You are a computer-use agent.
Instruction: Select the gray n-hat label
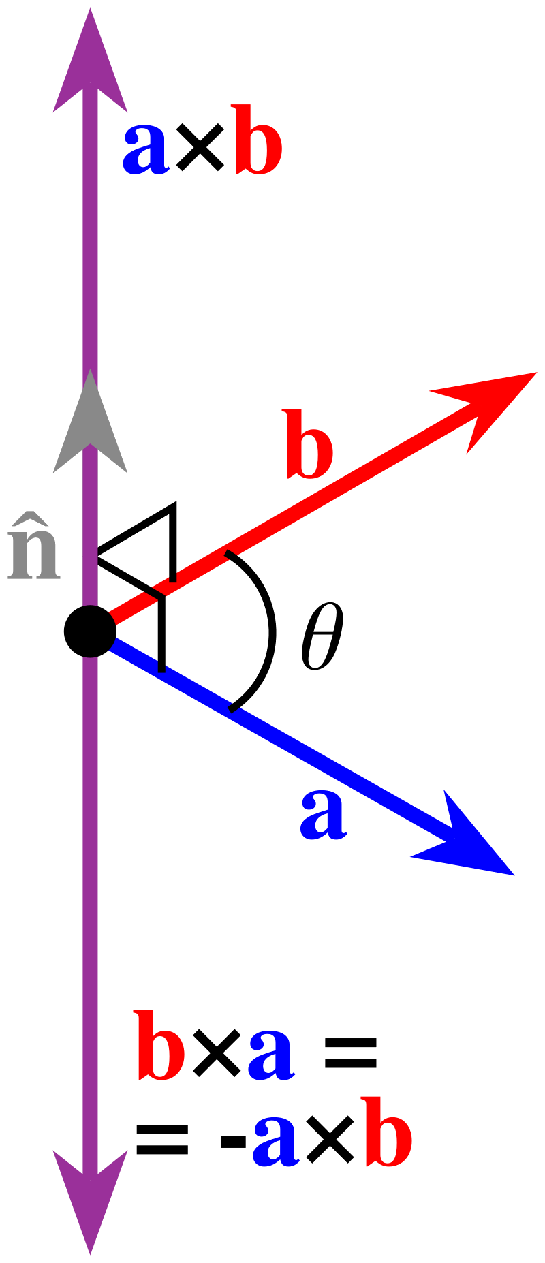coord(34,552)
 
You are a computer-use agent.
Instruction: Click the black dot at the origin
coord(89,631)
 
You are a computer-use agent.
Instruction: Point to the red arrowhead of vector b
coord(490,405)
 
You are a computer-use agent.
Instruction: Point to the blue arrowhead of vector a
coord(470,841)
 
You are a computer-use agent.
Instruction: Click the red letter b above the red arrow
coord(310,443)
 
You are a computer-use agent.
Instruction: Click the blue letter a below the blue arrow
coord(324,814)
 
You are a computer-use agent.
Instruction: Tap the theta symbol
coord(322,636)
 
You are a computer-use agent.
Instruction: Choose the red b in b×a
coord(160,1046)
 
